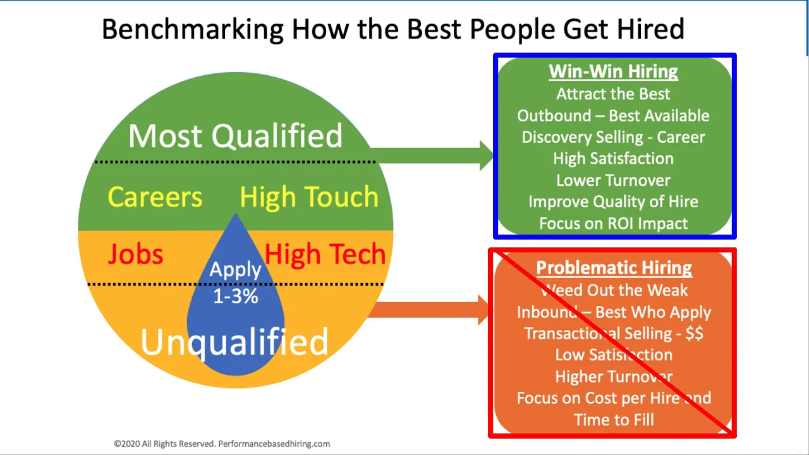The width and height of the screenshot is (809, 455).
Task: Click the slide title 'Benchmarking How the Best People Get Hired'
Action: click(393, 29)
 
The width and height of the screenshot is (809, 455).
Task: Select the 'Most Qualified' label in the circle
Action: click(235, 135)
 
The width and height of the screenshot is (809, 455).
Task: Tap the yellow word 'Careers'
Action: click(155, 197)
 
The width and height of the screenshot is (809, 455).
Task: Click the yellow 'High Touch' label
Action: click(309, 197)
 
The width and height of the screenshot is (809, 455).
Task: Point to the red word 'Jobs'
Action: click(135, 254)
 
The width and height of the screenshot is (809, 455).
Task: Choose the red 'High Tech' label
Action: click(325, 254)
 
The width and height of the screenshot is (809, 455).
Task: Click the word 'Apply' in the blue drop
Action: click(235, 269)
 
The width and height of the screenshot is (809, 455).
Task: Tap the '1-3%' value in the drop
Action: click(236, 296)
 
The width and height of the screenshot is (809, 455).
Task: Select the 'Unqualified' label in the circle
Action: click(234, 343)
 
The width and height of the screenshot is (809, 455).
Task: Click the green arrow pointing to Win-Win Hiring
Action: click(432, 155)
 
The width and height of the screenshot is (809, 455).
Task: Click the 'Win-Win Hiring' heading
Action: click(613, 71)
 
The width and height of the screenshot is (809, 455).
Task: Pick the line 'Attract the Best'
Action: click(613, 94)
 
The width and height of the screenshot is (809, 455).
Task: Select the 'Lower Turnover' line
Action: click(613, 180)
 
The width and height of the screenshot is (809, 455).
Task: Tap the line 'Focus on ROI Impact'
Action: click(613, 224)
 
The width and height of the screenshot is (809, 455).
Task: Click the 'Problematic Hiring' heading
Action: click(614, 268)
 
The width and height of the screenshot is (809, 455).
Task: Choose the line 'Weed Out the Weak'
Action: click(614, 290)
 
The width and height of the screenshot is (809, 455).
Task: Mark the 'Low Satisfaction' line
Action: click(614, 355)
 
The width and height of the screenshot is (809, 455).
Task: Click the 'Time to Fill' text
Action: click(614, 420)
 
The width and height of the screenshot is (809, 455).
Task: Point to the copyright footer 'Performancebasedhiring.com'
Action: click(274, 444)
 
